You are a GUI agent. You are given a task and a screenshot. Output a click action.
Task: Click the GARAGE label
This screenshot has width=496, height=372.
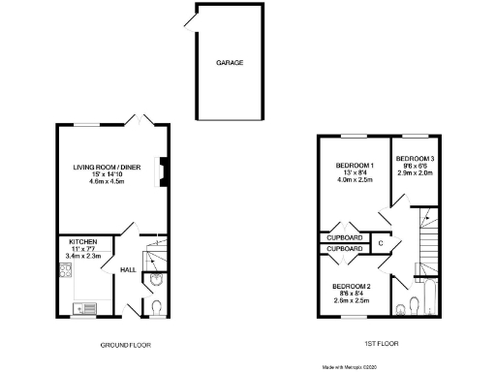click(230, 63)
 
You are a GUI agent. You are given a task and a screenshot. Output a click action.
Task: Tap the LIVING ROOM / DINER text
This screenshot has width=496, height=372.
click(108, 168)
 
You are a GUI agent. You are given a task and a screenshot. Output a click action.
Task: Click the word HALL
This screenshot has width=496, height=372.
click(127, 270)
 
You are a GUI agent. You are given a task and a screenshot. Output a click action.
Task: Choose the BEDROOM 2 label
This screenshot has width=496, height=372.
click(352, 286)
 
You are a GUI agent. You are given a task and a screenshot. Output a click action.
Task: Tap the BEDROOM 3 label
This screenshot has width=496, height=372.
click(414, 158)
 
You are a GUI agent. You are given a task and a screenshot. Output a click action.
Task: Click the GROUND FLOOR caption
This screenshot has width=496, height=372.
click(125, 345)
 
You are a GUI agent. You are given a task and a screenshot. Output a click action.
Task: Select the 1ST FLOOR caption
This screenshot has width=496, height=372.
click(379, 345)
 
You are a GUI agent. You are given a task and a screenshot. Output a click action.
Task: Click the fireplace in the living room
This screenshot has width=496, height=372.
click(164, 171)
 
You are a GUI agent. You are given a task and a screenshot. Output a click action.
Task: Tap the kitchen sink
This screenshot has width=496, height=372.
click(84, 309)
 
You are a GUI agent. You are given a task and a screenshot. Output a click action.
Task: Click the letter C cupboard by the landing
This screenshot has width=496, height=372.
click(381, 242)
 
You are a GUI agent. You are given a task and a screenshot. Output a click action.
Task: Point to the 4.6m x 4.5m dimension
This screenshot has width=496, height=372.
click(108, 182)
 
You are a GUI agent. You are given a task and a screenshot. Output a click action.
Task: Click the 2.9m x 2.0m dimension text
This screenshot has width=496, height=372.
click(414, 171)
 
